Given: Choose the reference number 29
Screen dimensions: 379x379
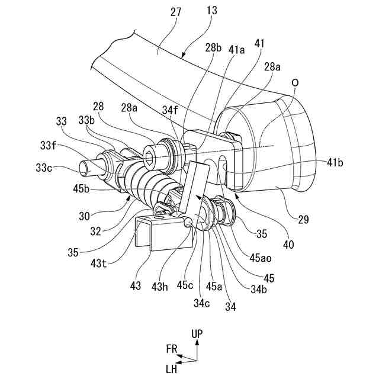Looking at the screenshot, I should pos(303,219).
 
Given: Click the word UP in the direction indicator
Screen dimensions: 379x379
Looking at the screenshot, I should pos(197,335).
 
